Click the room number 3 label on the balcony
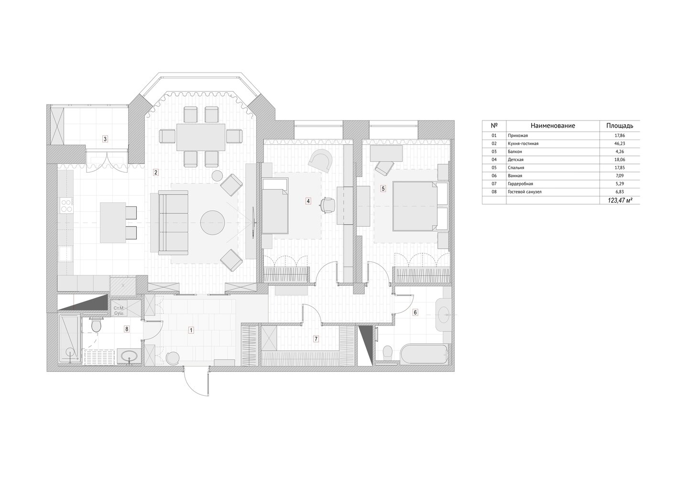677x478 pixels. [105, 139]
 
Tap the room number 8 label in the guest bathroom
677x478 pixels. [127, 329]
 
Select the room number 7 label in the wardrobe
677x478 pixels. [316, 339]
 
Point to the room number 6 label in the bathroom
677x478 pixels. [415, 313]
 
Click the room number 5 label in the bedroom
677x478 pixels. [383, 189]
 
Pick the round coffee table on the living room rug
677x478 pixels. [212, 223]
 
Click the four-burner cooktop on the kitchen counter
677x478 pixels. [66, 205]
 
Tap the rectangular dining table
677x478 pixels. [201, 137]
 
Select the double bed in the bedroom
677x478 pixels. [415, 206]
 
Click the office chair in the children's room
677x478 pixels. [328, 205]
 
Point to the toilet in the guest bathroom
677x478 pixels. [96, 325]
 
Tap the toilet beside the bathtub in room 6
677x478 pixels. [387, 353]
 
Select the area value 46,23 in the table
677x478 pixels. [619, 144]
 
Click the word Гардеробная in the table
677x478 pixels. [521, 184]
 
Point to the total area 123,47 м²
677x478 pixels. [621, 200]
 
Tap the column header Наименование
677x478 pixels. [553, 126]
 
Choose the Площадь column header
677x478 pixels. [620, 126]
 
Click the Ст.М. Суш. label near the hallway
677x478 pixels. [119, 311]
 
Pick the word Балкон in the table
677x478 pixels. [515, 152]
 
